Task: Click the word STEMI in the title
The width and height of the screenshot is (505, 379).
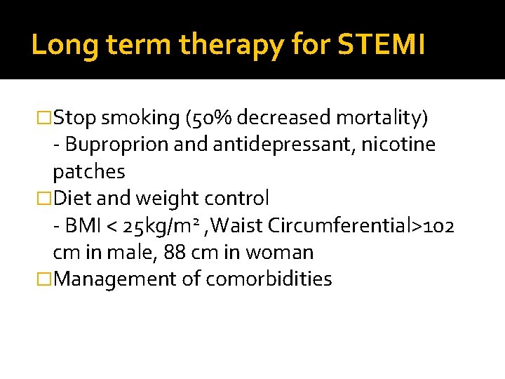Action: [x=382, y=46]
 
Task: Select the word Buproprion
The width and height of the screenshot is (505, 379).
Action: [x=112, y=145]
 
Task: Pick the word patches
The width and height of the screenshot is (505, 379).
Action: [x=89, y=172]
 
